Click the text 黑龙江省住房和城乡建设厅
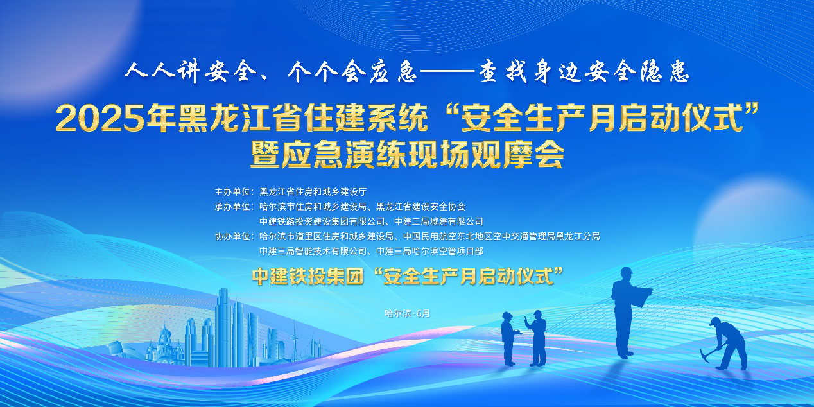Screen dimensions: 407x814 313,191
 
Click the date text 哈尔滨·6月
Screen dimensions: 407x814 408,313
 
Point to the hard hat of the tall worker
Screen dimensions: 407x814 626,272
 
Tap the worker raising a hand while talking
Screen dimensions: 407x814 537,338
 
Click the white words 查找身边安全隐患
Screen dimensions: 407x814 584,72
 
